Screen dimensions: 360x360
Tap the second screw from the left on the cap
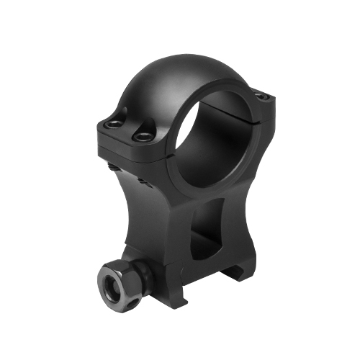[143, 135]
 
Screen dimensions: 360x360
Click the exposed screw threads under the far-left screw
[114, 167]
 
